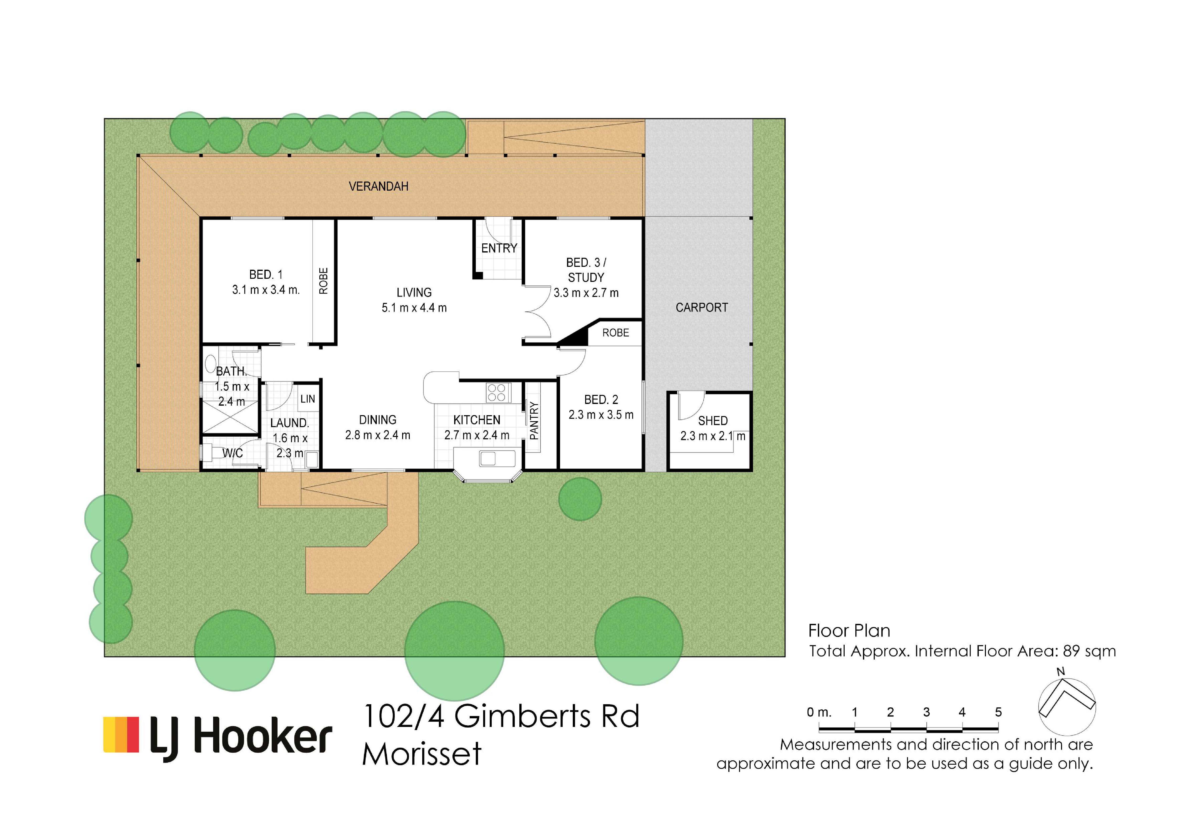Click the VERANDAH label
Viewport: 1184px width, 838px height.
379,186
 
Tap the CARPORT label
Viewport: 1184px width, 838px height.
702,307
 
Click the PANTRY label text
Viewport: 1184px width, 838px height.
534,420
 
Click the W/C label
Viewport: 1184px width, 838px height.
232,453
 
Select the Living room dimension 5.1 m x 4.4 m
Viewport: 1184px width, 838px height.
414,308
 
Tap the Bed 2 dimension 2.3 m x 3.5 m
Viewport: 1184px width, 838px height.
601,415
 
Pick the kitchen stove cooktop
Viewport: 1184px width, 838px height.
497,393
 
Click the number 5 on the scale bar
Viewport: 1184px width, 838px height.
998,712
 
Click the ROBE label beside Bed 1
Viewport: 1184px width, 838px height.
323,281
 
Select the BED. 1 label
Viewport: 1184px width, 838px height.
266,274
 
